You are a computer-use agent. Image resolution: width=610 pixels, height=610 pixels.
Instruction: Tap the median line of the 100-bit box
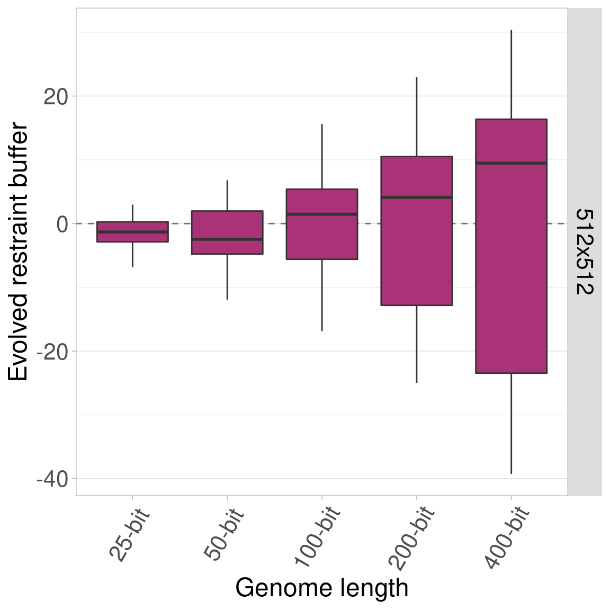pos(322,214)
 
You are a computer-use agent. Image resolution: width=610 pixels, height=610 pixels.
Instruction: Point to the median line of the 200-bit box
pos(417,197)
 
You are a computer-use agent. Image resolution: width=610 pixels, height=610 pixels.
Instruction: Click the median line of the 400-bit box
pos(511,163)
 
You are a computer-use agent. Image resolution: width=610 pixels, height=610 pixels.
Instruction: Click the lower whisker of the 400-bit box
pos(511,424)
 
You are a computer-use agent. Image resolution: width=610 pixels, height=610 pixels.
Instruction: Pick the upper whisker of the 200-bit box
pos(417,116)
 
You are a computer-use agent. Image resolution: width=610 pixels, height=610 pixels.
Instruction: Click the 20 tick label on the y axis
pos(56,96)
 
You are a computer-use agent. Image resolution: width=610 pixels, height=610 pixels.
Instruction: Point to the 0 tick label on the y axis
pos(62,224)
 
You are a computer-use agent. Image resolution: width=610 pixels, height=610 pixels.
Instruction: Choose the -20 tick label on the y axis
pos(53,352)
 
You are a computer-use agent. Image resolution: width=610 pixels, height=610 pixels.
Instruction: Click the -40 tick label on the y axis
pos(53,479)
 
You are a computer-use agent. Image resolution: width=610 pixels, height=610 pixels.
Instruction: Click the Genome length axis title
pos(322,588)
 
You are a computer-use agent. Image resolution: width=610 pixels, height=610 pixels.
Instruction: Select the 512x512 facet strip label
pos(585,252)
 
